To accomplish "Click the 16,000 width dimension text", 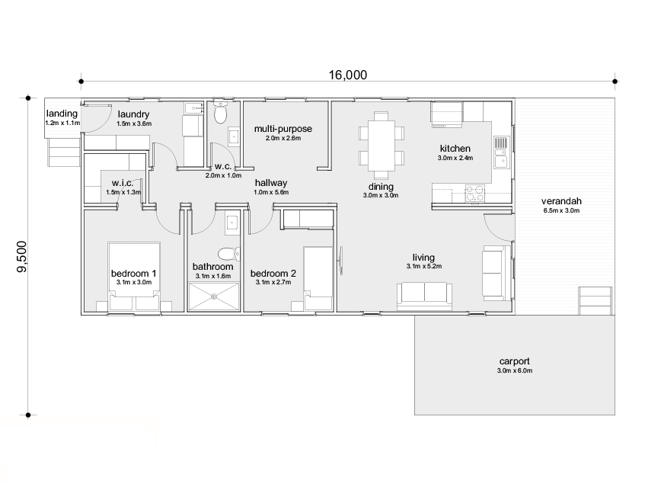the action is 347,75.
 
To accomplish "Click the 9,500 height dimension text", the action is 21,257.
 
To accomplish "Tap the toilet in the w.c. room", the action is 221,112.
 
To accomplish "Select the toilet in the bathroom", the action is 228,253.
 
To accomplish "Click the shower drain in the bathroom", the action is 214,296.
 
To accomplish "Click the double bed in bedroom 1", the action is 134,277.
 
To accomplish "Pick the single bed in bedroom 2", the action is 318,278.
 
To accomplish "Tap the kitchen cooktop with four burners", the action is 475,194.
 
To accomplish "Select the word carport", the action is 514,361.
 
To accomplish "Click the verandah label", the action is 561,201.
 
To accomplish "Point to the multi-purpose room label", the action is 283,129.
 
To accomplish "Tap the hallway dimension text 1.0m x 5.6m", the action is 271,192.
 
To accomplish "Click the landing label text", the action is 62,114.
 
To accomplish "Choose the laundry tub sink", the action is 193,108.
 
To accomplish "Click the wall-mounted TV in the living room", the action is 340,261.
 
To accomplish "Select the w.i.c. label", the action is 123,183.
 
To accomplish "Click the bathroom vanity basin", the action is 232,223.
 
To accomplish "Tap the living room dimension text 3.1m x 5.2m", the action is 424,267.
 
